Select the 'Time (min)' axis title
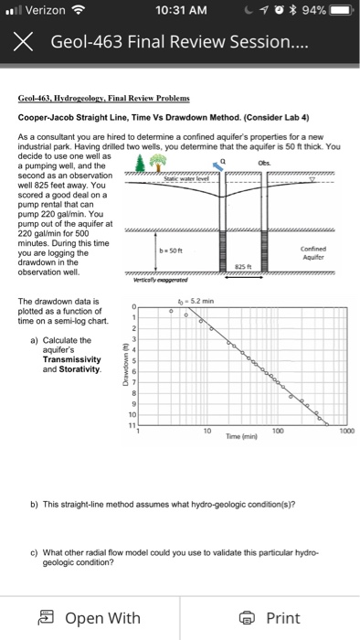(x=241, y=437)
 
